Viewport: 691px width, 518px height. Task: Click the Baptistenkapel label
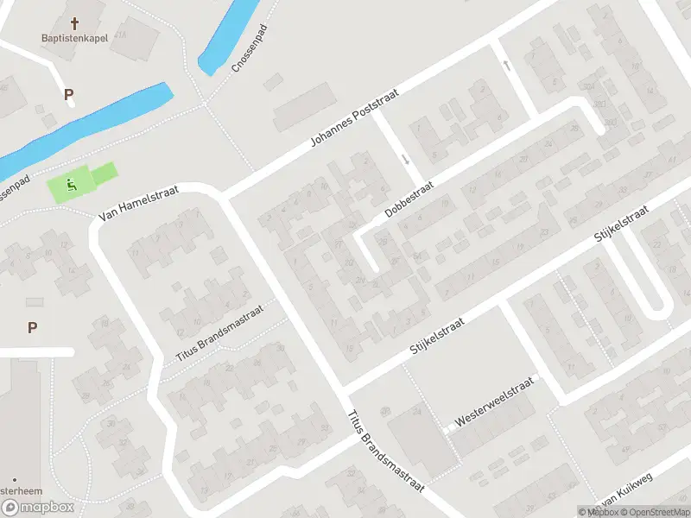[74, 38]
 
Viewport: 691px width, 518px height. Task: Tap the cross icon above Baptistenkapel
[74, 22]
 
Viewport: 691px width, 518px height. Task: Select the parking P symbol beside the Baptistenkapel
[68, 94]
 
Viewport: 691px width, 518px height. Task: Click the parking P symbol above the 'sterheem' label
[32, 327]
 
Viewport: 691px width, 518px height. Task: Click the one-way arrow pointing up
[506, 66]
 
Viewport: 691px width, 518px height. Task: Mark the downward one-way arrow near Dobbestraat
[405, 160]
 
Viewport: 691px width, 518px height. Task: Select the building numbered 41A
[120, 34]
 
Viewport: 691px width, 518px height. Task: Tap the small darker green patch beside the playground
[103, 174]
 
